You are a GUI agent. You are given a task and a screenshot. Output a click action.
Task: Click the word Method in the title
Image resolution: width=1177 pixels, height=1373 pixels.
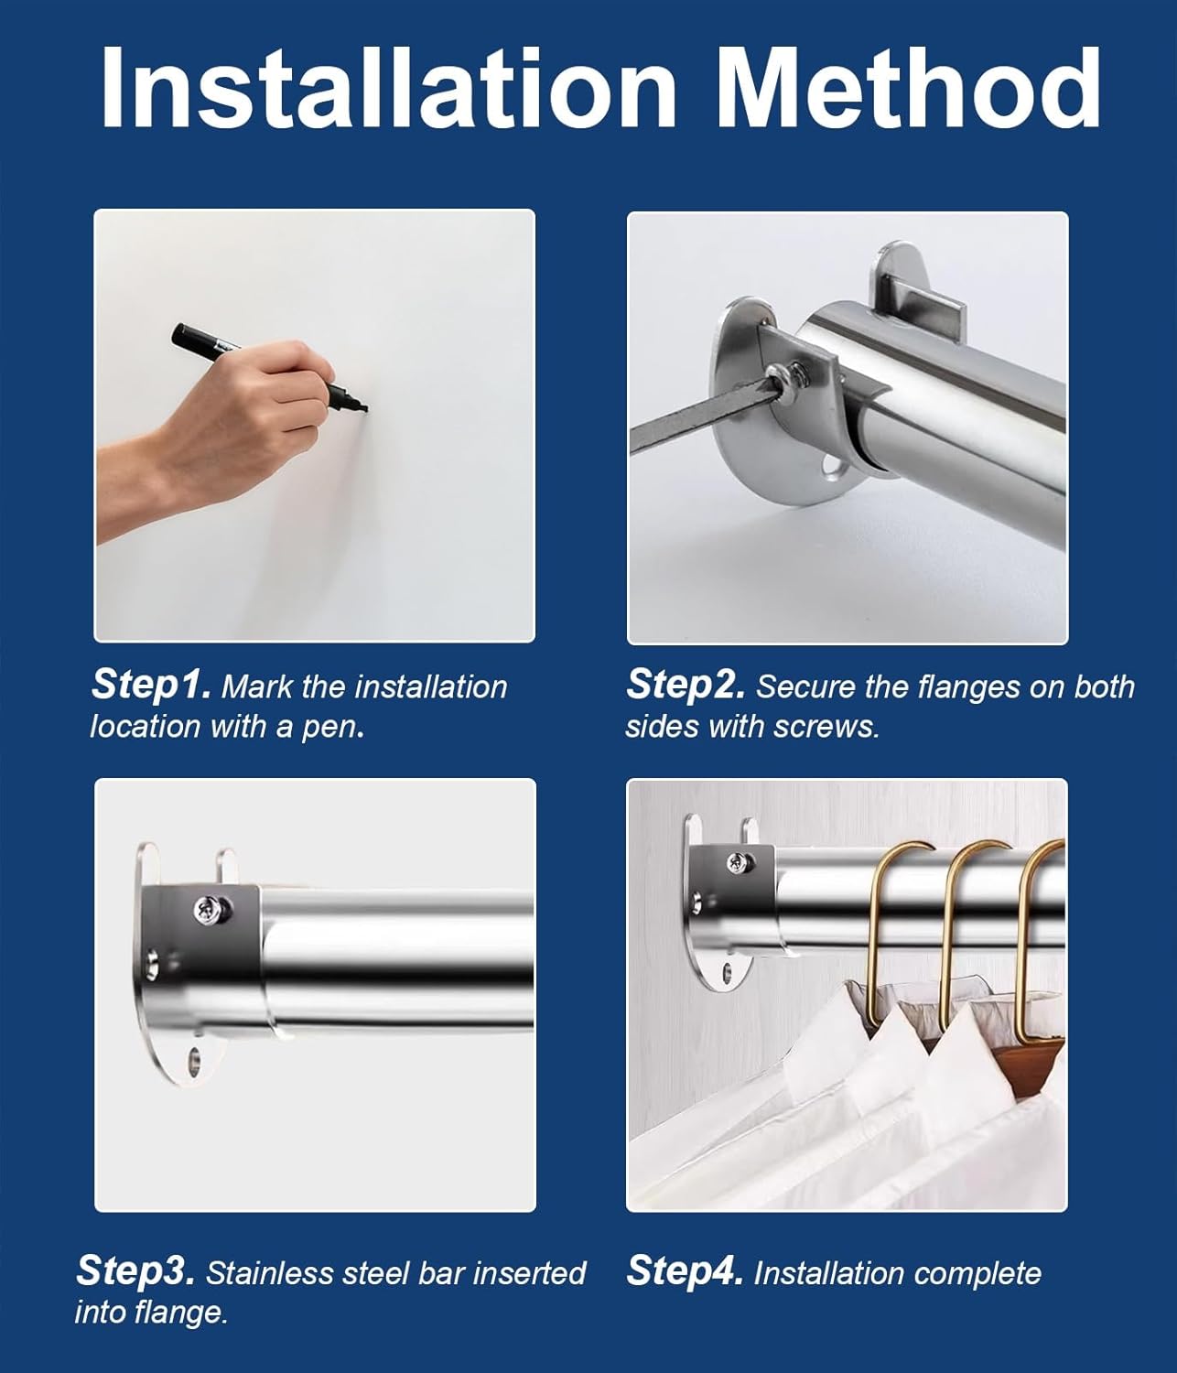[908, 87]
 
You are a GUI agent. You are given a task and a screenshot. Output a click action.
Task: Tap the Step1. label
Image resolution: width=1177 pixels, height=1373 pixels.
[152, 685]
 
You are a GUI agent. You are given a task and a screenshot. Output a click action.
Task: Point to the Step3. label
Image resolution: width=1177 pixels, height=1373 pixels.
[135, 1270]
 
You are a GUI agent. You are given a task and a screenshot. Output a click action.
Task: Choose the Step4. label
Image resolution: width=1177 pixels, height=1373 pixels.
[685, 1271]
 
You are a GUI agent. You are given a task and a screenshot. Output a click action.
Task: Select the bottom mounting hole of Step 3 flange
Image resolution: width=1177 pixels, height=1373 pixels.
[194, 1063]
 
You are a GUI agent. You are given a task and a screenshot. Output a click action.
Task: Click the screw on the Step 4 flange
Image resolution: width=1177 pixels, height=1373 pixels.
[735, 861]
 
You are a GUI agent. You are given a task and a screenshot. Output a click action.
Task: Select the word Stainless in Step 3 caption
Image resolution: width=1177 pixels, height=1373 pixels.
[271, 1273]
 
